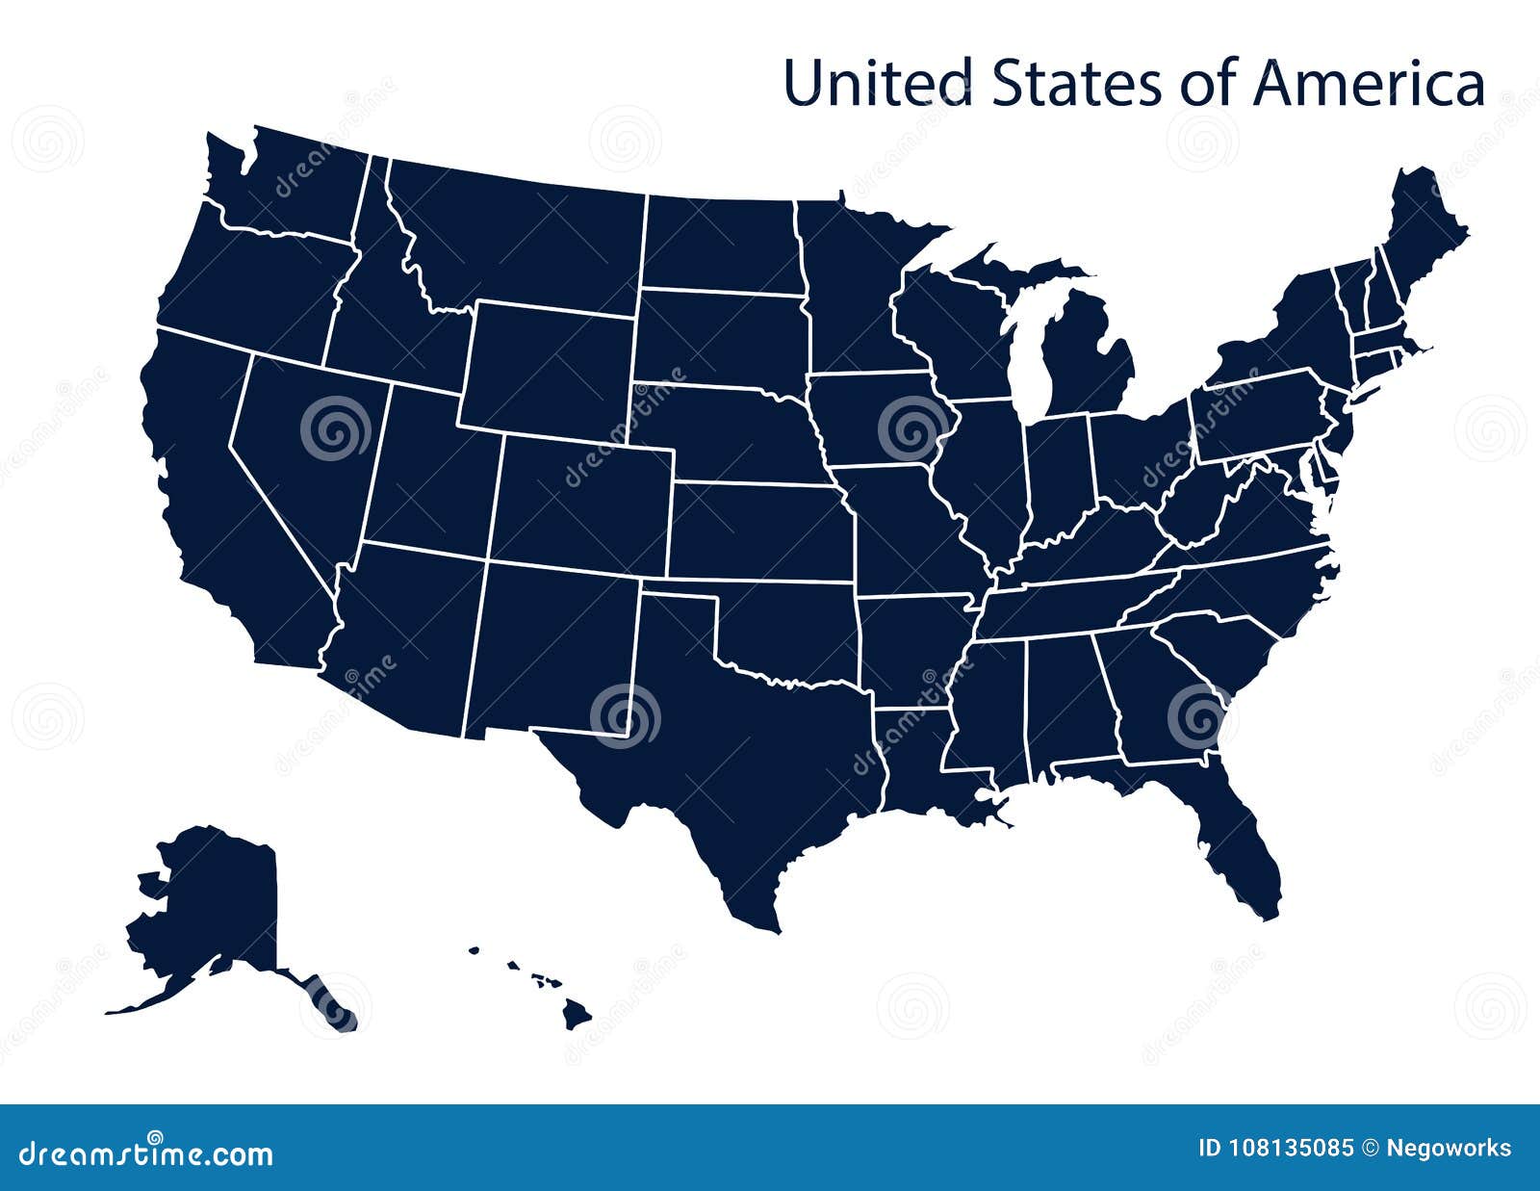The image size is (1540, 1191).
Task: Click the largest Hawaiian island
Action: [577, 1011]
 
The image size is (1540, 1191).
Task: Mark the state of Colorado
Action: [582, 505]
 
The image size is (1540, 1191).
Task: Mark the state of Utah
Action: [428, 472]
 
